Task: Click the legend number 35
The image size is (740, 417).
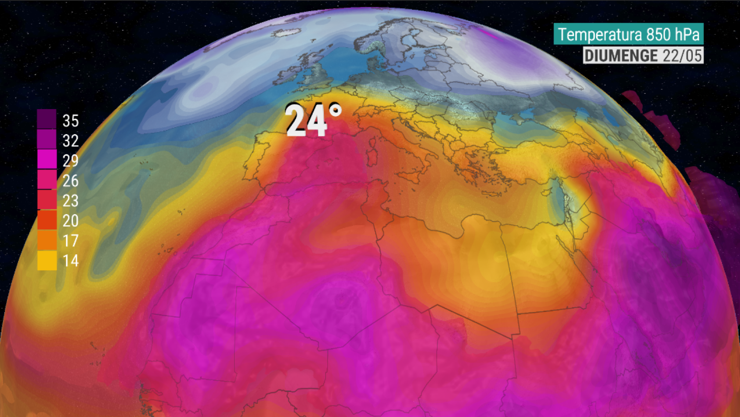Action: pyautogui.click(x=70, y=121)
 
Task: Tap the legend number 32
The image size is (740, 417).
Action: pyautogui.click(x=70, y=141)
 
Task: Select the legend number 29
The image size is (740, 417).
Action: pyautogui.click(x=70, y=160)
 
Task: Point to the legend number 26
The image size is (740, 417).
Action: pyautogui.click(x=70, y=180)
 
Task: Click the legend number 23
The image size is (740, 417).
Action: pyautogui.click(x=70, y=201)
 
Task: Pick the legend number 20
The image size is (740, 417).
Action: pyautogui.click(x=70, y=221)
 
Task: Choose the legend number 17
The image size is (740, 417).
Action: pyautogui.click(x=70, y=240)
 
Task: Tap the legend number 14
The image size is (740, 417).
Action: pyautogui.click(x=70, y=261)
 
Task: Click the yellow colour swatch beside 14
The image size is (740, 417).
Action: pyautogui.click(x=47, y=261)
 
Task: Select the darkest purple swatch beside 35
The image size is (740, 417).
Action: pyautogui.click(x=47, y=119)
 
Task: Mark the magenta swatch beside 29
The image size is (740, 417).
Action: pyautogui.click(x=47, y=159)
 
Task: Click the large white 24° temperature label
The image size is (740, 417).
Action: pyautogui.click(x=313, y=121)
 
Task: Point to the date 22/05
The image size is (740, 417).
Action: pyautogui.click(x=682, y=56)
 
